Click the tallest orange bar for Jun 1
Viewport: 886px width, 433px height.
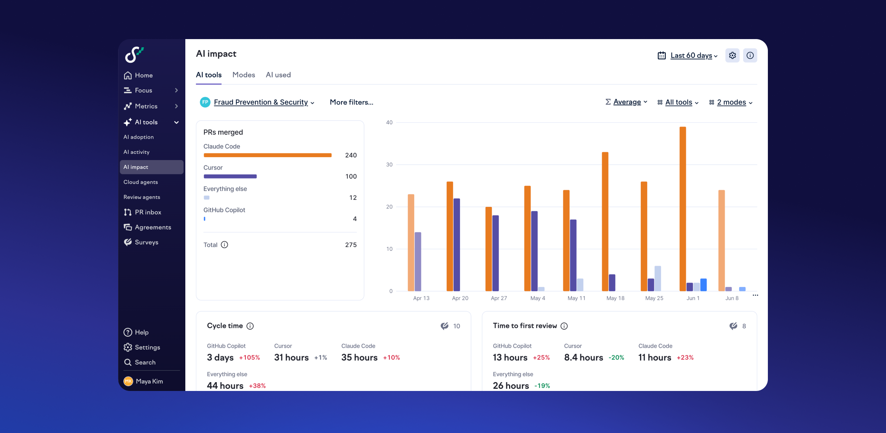point(683,209)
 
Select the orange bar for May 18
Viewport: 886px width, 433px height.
point(605,221)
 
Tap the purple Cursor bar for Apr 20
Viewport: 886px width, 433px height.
point(457,245)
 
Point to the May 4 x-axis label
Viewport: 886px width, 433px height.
point(538,298)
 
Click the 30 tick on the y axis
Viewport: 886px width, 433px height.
point(389,164)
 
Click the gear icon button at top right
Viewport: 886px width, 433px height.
point(732,55)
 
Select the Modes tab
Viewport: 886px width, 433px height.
point(244,75)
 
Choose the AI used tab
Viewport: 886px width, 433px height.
point(278,75)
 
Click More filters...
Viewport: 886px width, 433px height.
point(351,102)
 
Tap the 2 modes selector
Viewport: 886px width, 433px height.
point(731,102)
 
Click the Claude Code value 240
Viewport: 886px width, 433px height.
point(351,155)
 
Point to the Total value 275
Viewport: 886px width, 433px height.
point(351,245)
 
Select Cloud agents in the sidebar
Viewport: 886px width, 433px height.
point(141,182)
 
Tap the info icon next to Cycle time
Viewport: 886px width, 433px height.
point(250,326)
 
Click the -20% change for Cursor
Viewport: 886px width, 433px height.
point(616,357)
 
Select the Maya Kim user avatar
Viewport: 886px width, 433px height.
point(128,381)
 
